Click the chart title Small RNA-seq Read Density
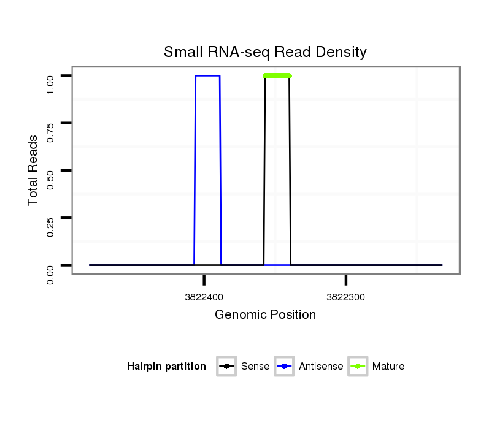coord(265,52)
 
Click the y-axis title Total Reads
coord(33,170)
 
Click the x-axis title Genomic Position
coord(265,315)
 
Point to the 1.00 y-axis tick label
coord(51,76)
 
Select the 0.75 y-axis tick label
coord(51,123)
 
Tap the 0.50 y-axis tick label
coord(51,170)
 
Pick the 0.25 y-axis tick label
coord(51,218)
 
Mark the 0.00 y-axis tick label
coord(51,265)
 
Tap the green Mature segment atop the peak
coord(277,75)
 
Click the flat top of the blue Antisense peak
coord(207,75)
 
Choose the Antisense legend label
coord(321,367)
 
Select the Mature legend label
coord(388,367)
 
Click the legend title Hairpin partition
coord(166,367)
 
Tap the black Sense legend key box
coord(226,367)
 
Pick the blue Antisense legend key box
coord(285,367)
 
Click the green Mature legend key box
coord(358,367)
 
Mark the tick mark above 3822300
coord(346,280)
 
